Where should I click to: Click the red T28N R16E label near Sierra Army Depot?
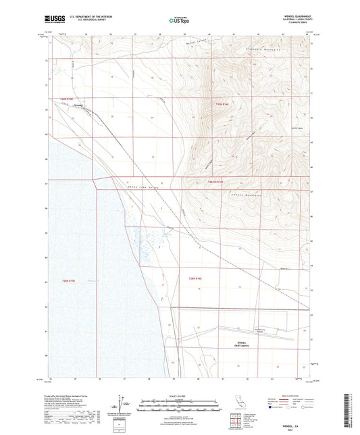pos(196,278)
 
